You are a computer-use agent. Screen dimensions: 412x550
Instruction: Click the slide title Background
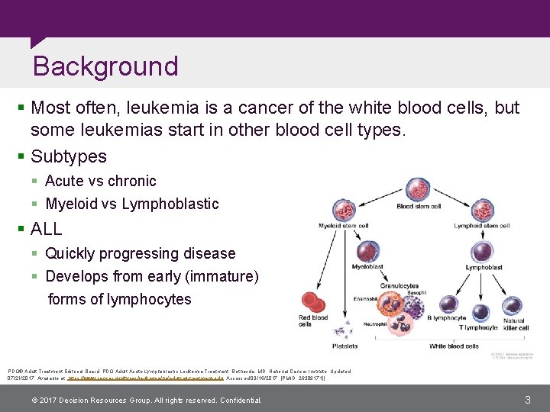(x=105, y=66)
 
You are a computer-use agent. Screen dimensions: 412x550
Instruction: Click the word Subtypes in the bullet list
(x=69, y=156)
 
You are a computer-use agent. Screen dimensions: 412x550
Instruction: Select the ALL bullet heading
(x=47, y=229)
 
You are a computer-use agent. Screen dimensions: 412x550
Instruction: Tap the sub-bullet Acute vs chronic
(x=100, y=181)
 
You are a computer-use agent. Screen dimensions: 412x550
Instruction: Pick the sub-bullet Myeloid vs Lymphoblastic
(x=131, y=204)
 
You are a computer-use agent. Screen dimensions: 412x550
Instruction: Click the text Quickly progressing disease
(x=140, y=253)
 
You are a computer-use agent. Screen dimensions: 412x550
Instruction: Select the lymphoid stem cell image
(x=482, y=209)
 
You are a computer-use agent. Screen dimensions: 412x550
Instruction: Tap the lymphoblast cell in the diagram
(x=483, y=252)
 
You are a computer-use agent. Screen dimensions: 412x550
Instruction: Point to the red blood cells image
(x=313, y=302)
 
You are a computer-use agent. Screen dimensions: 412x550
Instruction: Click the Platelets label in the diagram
(x=345, y=346)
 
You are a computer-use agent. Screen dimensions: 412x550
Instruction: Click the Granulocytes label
(x=399, y=285)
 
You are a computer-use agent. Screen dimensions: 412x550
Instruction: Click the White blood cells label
(x=454, y=346)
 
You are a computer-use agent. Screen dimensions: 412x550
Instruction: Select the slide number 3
(x=527, y=400)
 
